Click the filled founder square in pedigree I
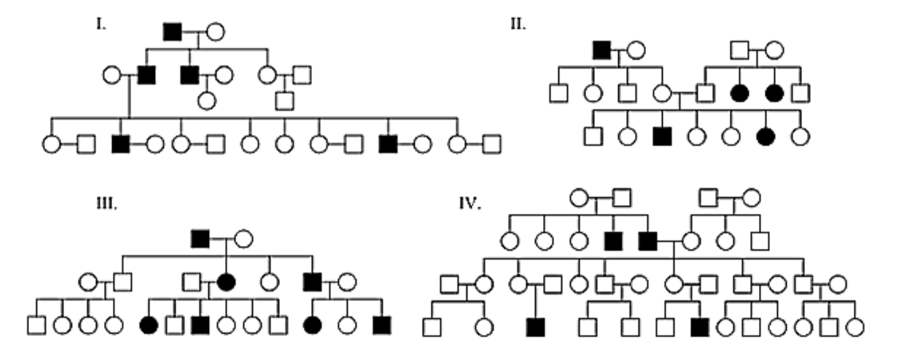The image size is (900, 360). [x=173, y=31]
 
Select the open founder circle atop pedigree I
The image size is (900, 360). [x=215, y=31]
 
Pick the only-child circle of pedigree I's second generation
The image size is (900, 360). [x=207, y=100]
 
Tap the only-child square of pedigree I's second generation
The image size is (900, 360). [x=284, y=100]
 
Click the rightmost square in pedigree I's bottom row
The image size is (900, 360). [x=491, y=144]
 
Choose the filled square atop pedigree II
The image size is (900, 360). [x=601, y=49]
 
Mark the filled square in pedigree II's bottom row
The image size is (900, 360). [x=661, y=136]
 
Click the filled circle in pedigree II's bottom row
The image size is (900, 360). [x=765, y=136]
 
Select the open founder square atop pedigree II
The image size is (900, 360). [x=739, y=49]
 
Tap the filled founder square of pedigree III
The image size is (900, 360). [x=200, y=237]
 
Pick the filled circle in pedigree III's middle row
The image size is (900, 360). [x=226, y=282]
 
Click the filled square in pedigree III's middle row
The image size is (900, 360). [x=313, y=282]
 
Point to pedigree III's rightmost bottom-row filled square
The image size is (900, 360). [x=382, y=324]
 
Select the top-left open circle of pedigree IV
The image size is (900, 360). [x=578, y=198]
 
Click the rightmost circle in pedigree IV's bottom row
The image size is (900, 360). [x=854, y=327]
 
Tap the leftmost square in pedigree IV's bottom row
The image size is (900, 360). [x=432, y=327]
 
